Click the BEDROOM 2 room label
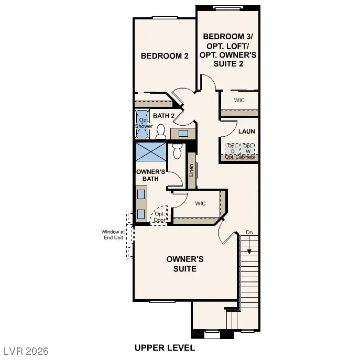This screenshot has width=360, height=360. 165,56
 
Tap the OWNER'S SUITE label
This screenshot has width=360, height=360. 185,264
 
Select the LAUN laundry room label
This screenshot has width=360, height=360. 246,132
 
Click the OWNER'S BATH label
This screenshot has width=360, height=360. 151,175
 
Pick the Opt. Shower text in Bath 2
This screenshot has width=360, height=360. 144,123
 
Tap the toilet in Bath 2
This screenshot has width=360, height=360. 161,131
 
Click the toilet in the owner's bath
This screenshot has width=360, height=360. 177,151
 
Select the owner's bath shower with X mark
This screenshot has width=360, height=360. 150,152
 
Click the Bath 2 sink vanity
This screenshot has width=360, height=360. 183,133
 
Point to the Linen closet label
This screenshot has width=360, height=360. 192,170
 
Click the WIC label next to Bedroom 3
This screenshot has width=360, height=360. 239,100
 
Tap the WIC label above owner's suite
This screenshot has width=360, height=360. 200,203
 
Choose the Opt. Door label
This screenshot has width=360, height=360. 159,217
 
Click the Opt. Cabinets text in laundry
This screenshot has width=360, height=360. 240,157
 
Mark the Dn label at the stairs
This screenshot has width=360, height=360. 249,232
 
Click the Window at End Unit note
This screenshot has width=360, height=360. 113,234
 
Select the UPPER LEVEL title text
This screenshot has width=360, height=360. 165,347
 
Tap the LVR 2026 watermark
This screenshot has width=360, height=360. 26,350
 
